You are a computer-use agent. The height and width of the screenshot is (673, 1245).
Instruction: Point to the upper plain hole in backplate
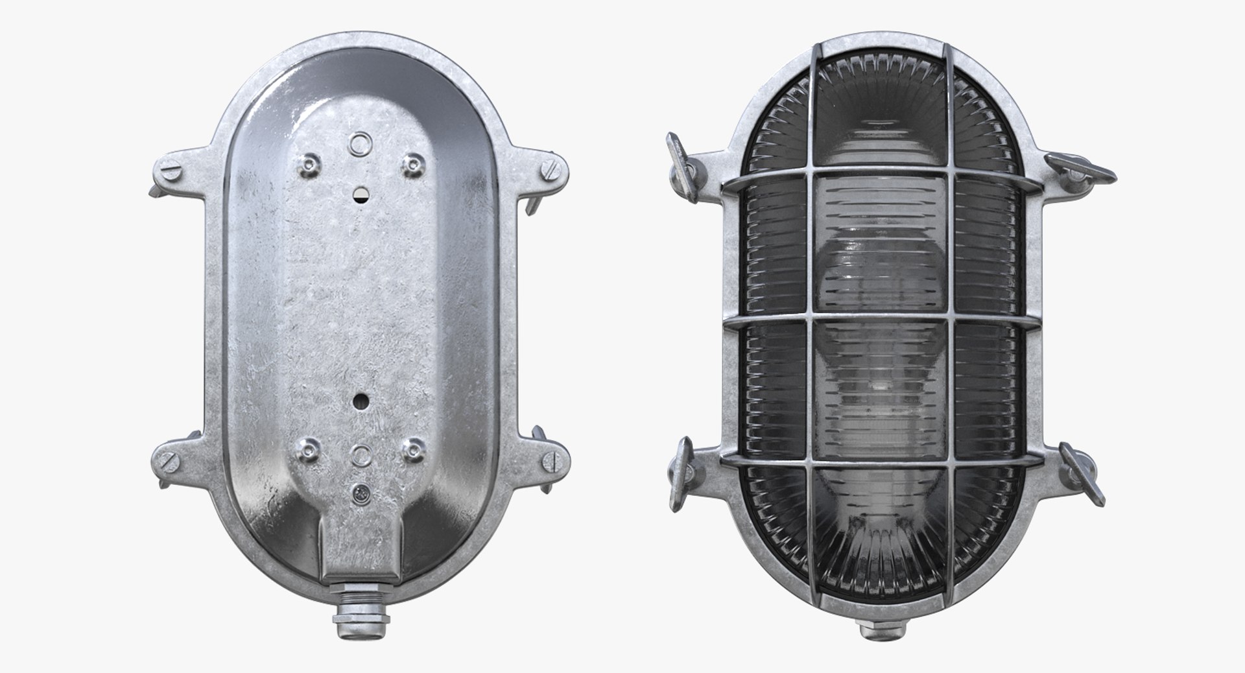click(360, 193)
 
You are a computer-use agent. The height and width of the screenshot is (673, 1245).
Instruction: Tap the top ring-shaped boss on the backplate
click(359, 143)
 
